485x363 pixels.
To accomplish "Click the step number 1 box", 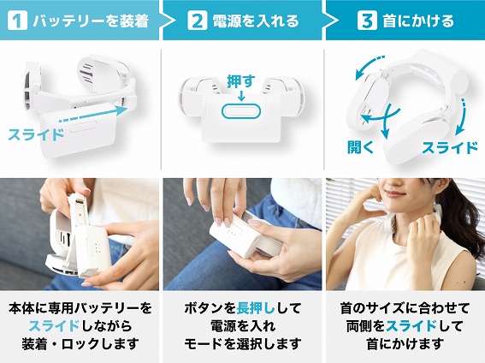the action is pos(18,21).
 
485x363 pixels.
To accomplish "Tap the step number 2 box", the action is pos(198,21).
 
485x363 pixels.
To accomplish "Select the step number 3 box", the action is pos(367,21).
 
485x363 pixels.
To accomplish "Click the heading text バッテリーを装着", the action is pos(91,21).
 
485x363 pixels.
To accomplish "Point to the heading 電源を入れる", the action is pos(256,21).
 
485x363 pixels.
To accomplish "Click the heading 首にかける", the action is pos(418,21).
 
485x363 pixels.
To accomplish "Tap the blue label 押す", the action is pos(241,81).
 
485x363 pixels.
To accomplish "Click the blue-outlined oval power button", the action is pos(241,110).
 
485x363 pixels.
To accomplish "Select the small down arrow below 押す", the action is pos(241,96).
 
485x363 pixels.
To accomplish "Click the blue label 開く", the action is pos(361,146).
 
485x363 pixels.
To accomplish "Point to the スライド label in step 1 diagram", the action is pos(36,134).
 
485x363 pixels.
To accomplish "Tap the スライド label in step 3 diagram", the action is pos(450,147).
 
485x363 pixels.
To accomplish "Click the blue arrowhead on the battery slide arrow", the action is pos(121,110).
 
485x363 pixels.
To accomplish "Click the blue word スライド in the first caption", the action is pos(55,326).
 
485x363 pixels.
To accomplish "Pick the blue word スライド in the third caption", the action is pos(411,326).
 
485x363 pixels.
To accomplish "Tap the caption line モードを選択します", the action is pos(243,343).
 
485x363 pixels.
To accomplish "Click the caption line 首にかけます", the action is pos(405,343).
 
